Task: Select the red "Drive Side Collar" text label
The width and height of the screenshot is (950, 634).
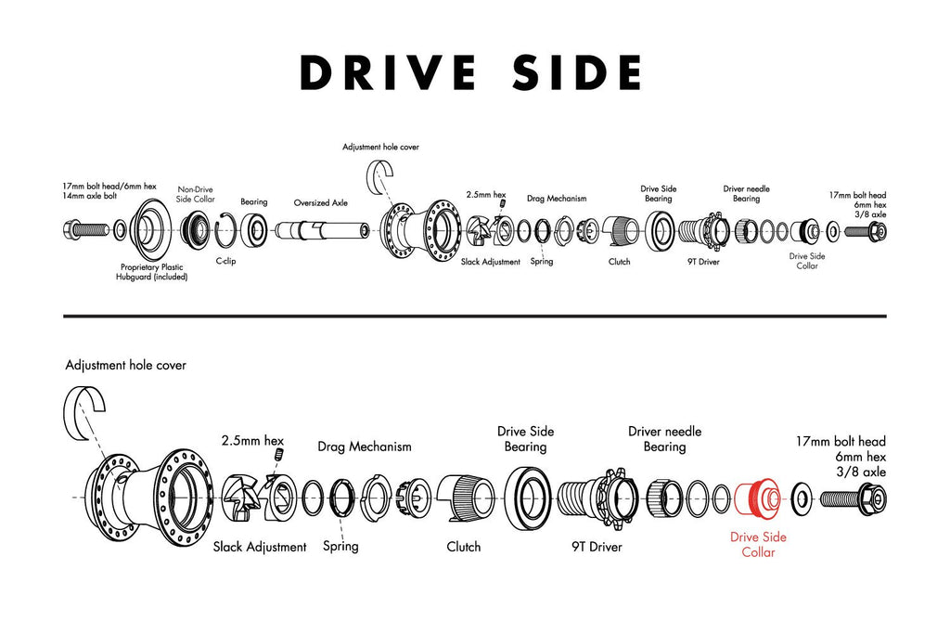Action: (x=758, y=545)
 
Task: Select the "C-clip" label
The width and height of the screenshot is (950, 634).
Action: (x=225, y=262)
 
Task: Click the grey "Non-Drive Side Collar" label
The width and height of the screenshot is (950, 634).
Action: (x=196, y=194)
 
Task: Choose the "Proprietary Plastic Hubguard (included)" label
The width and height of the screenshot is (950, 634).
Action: (x=151, y=271)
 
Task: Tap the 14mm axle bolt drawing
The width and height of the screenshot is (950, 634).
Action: (x=84, y=228)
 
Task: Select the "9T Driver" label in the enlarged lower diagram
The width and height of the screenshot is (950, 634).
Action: (x=597, y=547)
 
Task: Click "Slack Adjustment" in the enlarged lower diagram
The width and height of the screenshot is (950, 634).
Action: (x=260, y=547)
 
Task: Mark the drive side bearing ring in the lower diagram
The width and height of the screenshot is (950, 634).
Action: (x=529, y=497)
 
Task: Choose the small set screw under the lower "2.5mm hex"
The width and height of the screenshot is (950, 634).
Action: (x=279, y=455)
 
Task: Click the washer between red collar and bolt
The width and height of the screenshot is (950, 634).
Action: (x=802, y=498)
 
